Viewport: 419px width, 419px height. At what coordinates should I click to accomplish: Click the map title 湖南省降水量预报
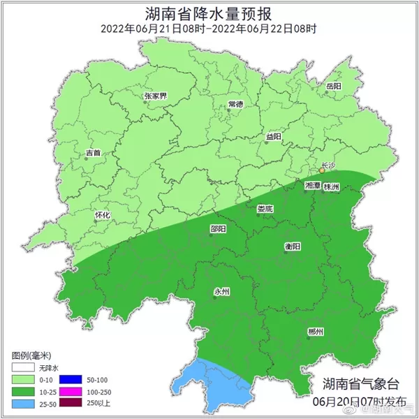coord(209,13)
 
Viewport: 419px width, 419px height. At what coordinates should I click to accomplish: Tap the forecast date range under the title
coord(209,29)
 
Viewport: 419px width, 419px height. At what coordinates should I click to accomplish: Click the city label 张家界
coord(155,96)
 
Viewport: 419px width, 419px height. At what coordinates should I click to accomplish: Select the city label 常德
coord(235,104)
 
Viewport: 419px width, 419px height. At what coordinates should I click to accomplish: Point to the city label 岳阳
coord(334,86)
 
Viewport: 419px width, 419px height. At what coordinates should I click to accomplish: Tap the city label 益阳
coord(273,138)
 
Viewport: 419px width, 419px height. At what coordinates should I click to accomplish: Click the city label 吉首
coord(93,152)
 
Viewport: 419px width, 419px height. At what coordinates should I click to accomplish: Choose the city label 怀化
coord(102,216)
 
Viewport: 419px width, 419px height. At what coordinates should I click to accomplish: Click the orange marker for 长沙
coord(321,170)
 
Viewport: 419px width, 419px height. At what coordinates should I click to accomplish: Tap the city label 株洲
coord(332,188)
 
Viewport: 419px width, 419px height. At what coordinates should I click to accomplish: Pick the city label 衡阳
coord(293,247)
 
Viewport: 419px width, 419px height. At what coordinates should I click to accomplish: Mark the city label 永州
coord(221,292)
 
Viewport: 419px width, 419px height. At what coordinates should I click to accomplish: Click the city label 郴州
coord(315,332)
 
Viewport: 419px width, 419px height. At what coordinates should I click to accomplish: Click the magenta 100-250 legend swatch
coord(71,391)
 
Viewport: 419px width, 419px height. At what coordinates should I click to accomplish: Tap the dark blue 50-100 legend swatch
coord(71,379)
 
